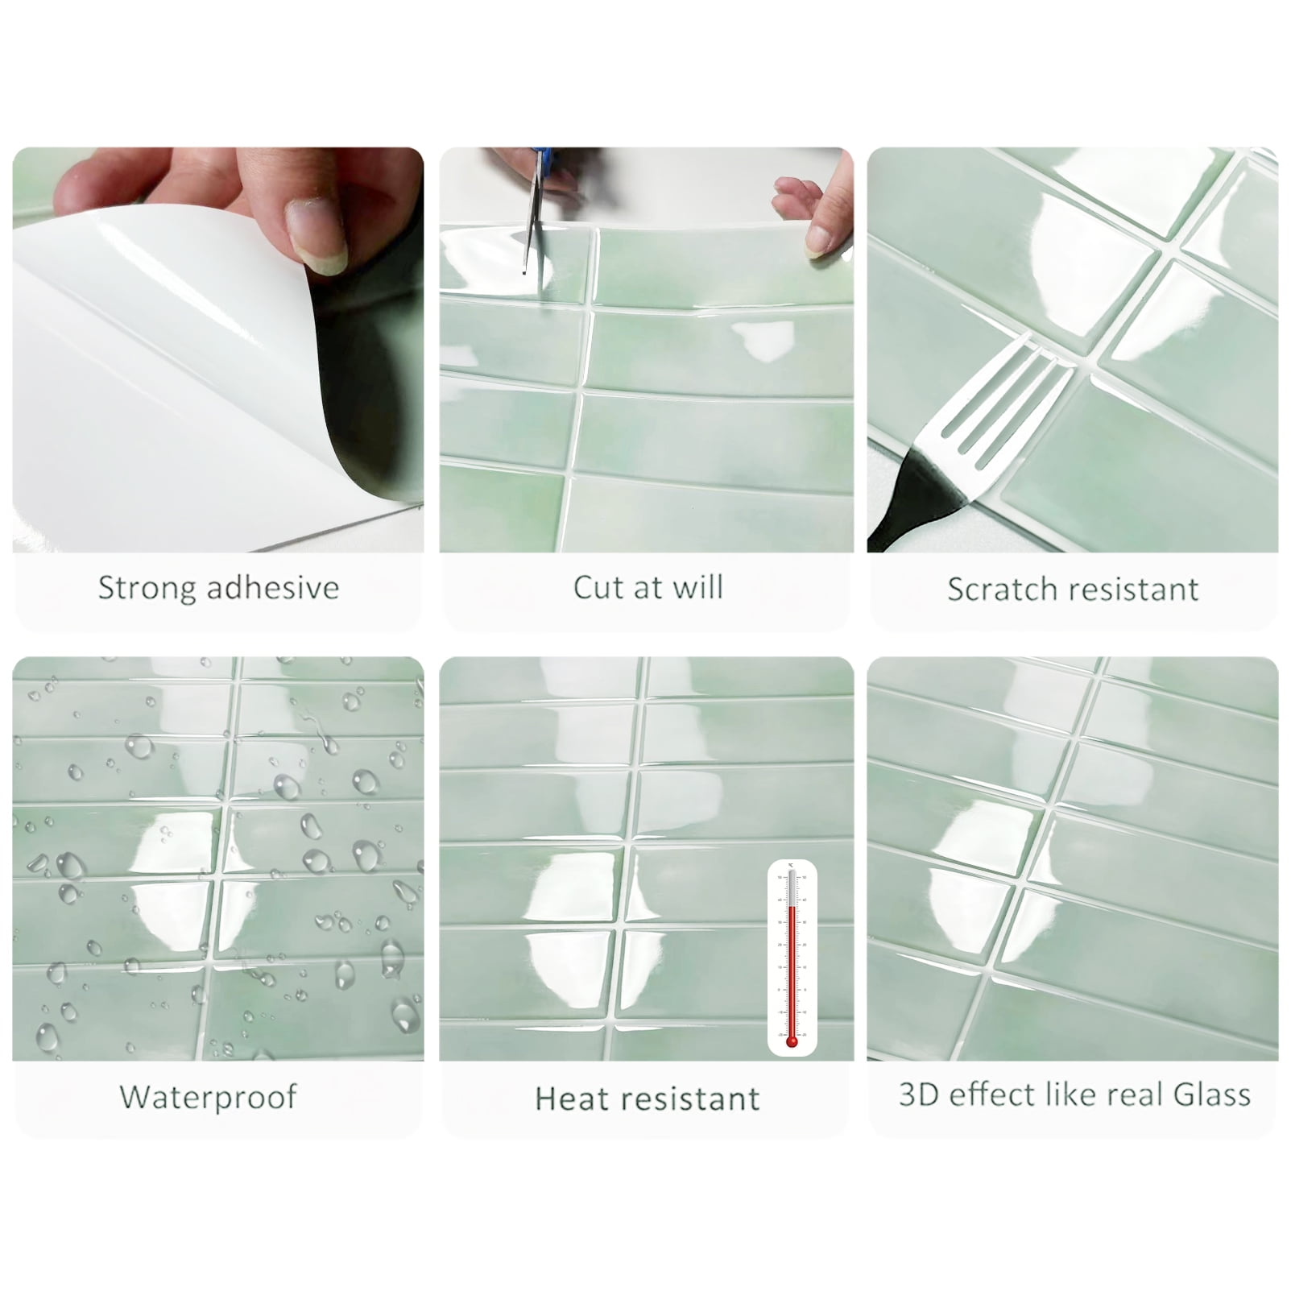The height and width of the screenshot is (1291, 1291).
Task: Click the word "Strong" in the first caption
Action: pyautogui.click(x=148, y=589)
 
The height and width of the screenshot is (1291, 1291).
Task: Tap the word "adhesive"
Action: pyautogui.click(x=273, y=587)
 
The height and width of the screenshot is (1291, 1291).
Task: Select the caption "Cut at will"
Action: pyautogui.click(x=648, y=587)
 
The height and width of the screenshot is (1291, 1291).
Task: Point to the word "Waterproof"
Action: pyautogui.click(x=209, y=1097)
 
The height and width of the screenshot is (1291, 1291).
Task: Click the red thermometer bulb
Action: pyautogui.click(x=792, y=1041)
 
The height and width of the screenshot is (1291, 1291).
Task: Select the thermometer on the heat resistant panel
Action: pyautogui.click(x=792, y=958)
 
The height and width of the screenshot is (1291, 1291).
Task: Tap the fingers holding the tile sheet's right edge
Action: pyautogui.click(x=813, y=213)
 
